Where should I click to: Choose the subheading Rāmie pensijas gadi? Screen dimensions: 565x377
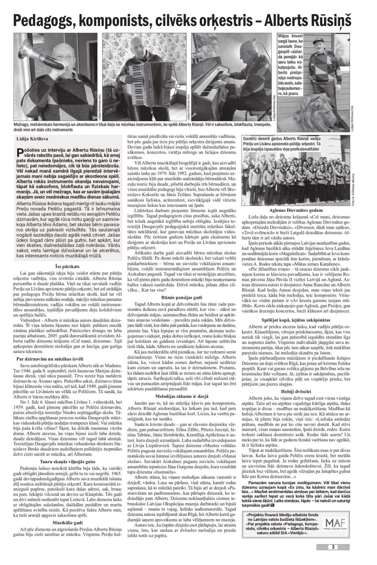click(181, 298)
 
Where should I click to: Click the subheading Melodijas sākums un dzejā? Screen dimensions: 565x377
click(181, 396)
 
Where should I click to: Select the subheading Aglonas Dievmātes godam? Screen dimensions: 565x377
click(296, 210)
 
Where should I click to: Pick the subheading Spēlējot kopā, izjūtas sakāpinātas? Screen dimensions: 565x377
click(296, 320)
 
